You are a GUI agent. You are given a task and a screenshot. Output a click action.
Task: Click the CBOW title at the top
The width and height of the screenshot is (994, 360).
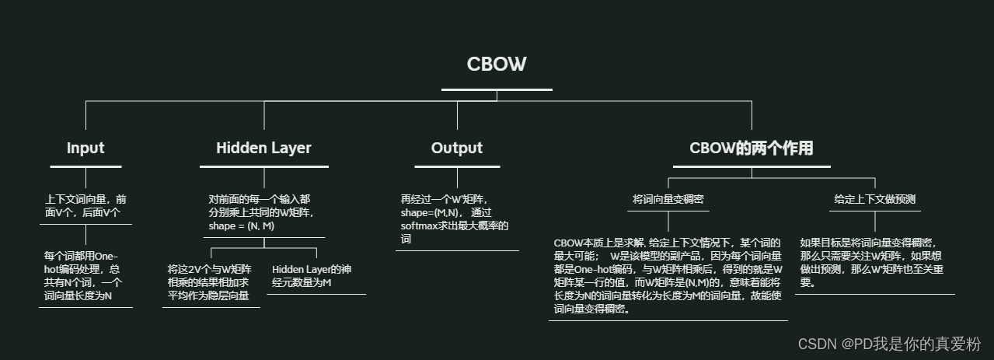coord(497,64)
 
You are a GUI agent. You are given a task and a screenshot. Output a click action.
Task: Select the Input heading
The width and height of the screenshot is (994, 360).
coord(85,148)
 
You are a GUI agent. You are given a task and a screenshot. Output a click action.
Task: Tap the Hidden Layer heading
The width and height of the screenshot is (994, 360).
coord(263,148)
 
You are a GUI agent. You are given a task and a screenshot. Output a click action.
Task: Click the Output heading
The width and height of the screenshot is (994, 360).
coord(457,148)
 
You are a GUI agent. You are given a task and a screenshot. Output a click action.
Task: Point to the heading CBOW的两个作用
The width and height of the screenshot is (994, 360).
coord(751,148)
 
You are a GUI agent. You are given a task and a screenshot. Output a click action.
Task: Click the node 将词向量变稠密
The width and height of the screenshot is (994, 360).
coord(668,199)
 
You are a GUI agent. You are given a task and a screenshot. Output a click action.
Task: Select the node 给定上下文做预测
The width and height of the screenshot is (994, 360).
coord(874,199)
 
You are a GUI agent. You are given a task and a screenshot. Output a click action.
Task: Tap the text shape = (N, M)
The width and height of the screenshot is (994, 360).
coord(241,225)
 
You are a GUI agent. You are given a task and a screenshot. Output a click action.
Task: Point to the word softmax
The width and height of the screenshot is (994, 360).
coord(420,225)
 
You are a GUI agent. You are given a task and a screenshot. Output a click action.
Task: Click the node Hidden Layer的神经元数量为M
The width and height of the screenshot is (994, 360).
coord(317,275)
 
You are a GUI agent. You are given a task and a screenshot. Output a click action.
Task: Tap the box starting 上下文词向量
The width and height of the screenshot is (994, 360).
coord(85,205)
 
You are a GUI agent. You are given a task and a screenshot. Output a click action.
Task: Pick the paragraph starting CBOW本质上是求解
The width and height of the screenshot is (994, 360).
coord(668,275)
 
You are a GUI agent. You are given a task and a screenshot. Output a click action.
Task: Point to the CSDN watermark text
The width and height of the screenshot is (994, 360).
coord(889,344)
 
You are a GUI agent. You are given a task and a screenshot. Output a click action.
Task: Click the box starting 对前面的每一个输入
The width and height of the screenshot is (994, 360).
coord(261,212)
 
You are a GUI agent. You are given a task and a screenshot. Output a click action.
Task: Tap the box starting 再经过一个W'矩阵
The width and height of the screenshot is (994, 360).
coord(455,218)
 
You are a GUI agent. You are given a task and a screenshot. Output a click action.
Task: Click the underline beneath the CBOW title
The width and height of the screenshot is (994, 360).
coord(497,89)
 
